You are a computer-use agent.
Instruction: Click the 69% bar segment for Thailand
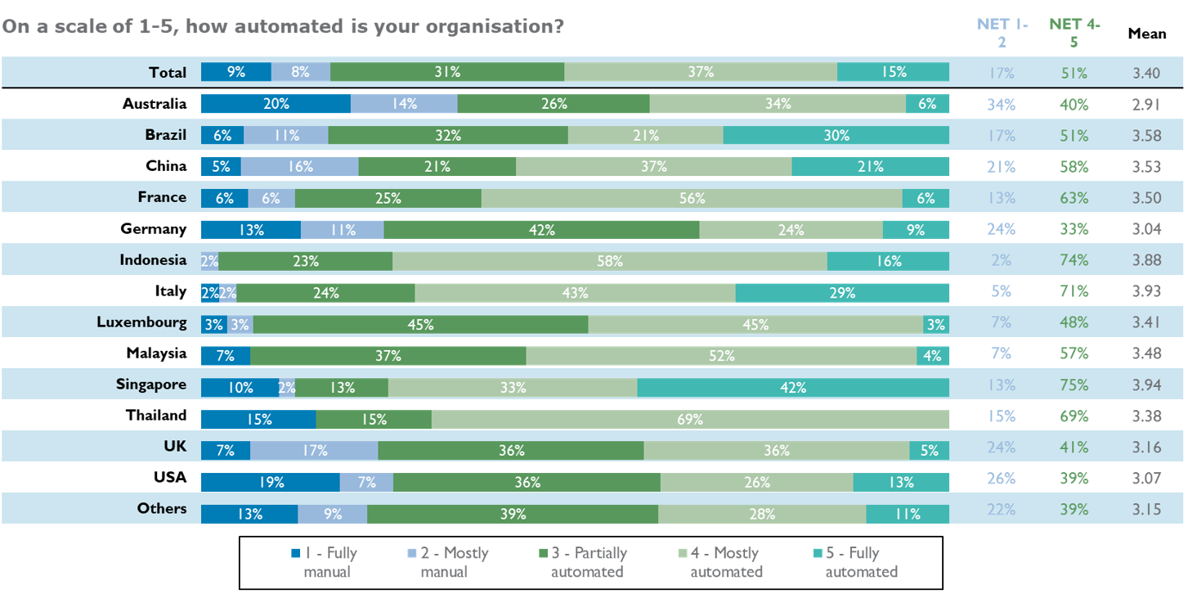tap(689, 419)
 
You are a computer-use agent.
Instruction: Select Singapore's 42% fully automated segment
tap(792, 388)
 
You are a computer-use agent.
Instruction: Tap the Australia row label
tap(155, 104)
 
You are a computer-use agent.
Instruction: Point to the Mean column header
tap(1146, 34)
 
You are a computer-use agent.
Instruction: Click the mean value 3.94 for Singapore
tap(1146, 385)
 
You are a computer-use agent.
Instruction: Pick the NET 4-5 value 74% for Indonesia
tap(1074, 260)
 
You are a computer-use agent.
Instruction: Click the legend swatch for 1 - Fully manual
tap(296, 553)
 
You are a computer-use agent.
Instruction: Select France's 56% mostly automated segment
tap(691, 198)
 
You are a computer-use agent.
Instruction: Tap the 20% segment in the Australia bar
tap(276, 104)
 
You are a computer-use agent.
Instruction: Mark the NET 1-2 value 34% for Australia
tap(1001, 105)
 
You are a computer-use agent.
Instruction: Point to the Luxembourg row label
tap(141, 322)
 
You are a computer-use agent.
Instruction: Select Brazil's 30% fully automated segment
tap(836, 136)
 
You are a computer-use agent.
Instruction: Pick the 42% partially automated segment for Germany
tap(541, 230)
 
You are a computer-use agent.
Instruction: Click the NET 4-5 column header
tap(1074, 34)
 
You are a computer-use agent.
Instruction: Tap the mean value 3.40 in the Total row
tap(1146, 74)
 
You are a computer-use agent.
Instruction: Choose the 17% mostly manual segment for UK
tap(314, 450)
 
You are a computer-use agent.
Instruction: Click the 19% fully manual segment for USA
tap(270, 482)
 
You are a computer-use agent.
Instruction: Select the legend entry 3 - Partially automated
tap(580, 562)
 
